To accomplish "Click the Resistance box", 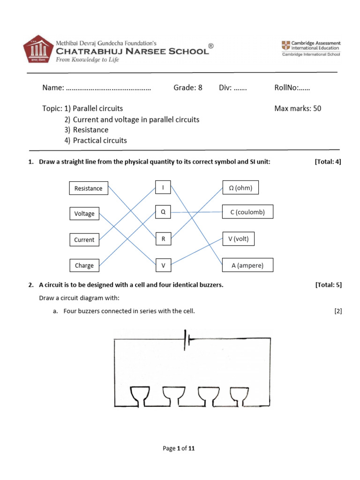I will (89, 188).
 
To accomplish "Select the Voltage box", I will (85, 214).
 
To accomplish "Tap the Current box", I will (85, 240).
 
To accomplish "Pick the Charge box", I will (85, 265).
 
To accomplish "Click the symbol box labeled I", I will (163, 188).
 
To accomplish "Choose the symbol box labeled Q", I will (163, 212).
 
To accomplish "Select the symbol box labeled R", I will (163, 239).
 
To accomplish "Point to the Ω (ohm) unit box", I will (240, 188).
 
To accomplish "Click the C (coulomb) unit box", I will (247, 212).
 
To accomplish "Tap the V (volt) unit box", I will (238, 239).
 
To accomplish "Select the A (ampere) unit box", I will (247, 265).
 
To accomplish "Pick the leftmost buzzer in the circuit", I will (141, 396).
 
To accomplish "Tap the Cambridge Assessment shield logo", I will (285, 45).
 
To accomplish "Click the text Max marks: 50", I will (298, 108).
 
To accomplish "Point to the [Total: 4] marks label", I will (328, 162).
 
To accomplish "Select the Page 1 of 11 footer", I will (178, 449).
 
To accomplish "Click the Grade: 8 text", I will (188, 88).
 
